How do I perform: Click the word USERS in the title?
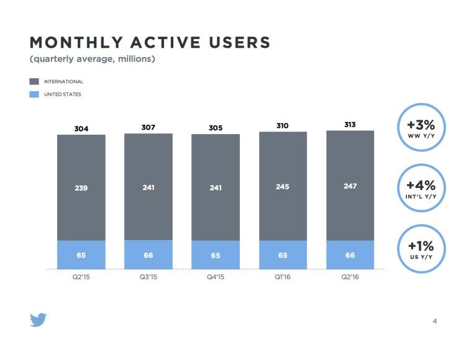click(x=240, y=42)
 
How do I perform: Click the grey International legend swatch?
click(x=34, y=81)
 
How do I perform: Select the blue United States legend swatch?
click(x=34, y=94)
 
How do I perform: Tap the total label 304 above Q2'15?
click(x=81, y=128)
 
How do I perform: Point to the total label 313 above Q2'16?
click(x=350, y=125)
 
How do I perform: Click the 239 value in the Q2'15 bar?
click(x=81, y=188)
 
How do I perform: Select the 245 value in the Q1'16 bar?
click(x=282, y=187)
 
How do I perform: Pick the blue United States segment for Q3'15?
click(x=148, y=254)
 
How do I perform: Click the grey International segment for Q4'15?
click(x=216, y=187)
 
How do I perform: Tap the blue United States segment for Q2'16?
click(x=350, y=254)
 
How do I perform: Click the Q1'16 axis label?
click(x=282, y=277)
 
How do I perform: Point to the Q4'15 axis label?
click(x=216, y=277)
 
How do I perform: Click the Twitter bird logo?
click(x=39, y=320)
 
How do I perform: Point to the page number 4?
click(x=435, y=321)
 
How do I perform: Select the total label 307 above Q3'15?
click(x=148, y=127)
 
